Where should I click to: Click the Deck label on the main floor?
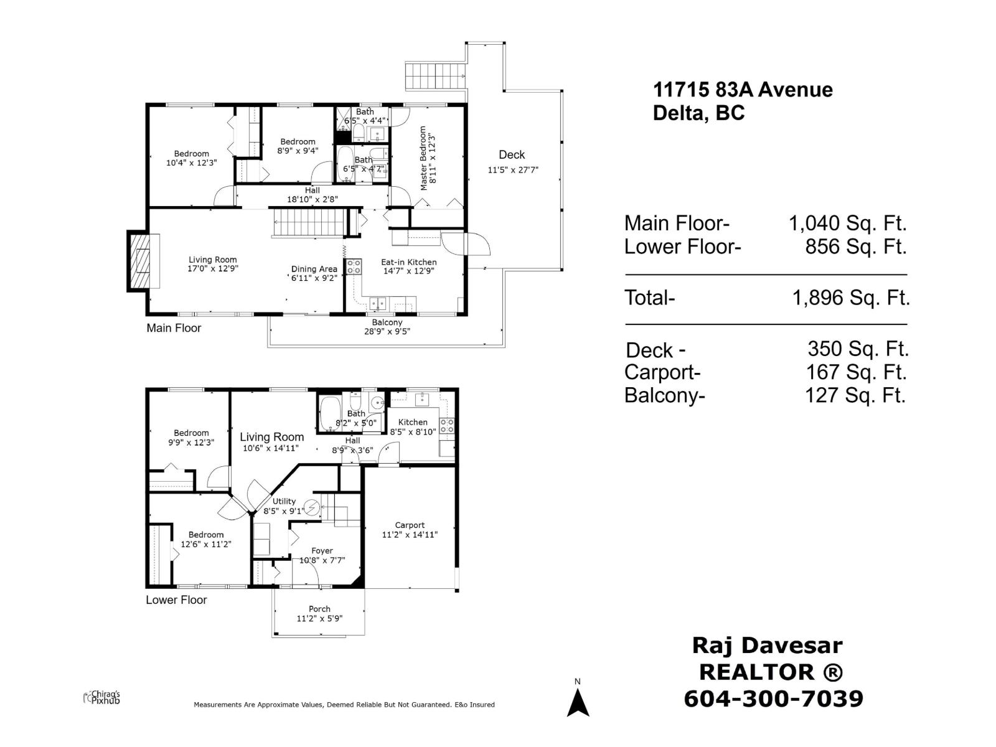tap(512, 155)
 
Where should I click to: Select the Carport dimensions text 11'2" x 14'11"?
tap(410, 534)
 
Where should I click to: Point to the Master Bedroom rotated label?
tap(423, 158)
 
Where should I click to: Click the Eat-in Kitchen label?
tap(409, 262)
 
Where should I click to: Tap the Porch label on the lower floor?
tap(319, 609)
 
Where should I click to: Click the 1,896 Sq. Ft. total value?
tap(850, 298)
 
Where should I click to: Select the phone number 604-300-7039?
tap(774, 698)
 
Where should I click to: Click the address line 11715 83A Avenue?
tap(743, 90)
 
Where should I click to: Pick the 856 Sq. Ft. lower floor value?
tap(855, 247)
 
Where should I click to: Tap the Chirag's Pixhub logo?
tap(102, 697)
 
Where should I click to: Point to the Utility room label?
tap(284, 501)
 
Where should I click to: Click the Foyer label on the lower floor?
tap(322, 551)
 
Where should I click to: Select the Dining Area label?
tap(314, 269)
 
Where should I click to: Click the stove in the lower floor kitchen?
tap(447, 426)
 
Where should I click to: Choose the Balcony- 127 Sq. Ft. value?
tap(855, 395)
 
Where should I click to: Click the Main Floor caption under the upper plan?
tap(174, 328)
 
